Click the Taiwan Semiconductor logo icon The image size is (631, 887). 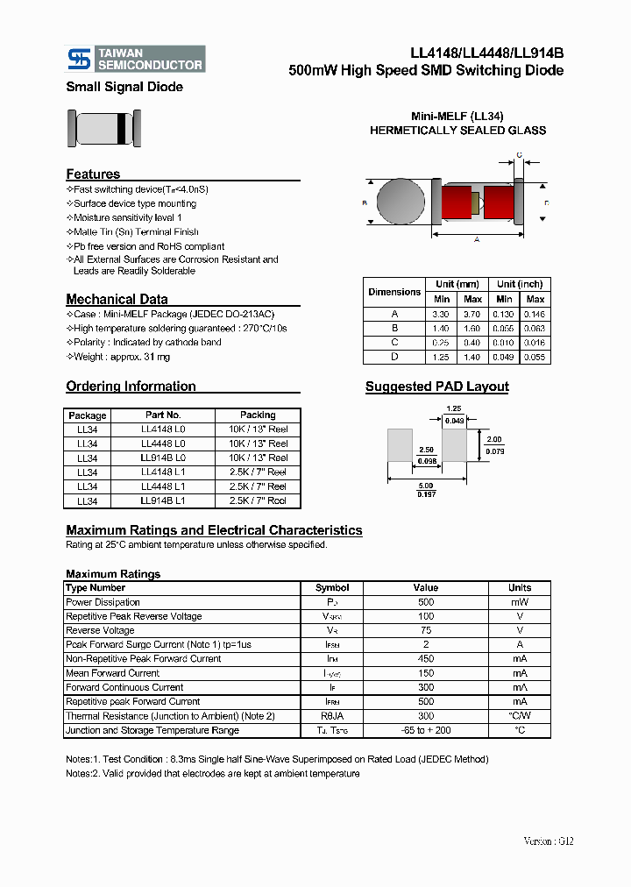pos(80,59)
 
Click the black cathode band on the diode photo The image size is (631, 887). pos(120,128)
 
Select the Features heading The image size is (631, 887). pos(93,174)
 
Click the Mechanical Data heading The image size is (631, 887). pos(117,299)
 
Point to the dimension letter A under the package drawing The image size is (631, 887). pos(476,238)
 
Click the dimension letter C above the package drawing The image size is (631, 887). pos(519,155)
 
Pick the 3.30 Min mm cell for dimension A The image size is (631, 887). pos(441,314)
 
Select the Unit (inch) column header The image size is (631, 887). pos(520,284)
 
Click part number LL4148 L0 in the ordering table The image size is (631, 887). pos(163,429)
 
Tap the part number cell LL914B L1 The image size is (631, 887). pos(163,500)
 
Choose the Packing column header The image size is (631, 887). pos(258,415)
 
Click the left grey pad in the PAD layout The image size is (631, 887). pos(400,445)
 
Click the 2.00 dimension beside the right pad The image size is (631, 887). pos(493,440)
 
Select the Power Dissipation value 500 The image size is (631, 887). pos(426,602)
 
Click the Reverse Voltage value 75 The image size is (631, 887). pos(426,630)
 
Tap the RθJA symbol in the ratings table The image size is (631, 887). pos(332,716)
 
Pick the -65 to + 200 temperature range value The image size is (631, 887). pos(426,730)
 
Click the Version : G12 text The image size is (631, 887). pos(548,841)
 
